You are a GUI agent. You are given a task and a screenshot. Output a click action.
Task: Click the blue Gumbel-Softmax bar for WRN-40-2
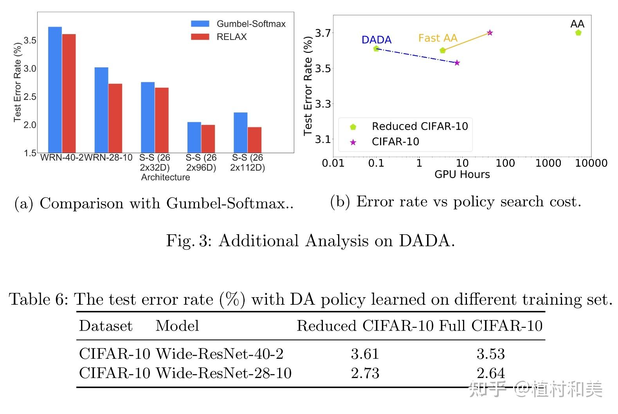(x=55, y=90)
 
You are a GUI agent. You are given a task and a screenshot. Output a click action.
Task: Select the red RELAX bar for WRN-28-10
(x=115, y=118)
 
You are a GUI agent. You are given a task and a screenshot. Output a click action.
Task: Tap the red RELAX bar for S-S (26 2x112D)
(x=254, y=140)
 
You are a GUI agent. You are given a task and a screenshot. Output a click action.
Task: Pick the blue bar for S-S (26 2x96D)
(x=194, y=137)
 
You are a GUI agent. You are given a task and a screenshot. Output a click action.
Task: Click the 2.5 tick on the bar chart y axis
(x=30, y=97)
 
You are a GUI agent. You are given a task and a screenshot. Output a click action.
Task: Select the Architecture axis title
(x=166, y=177)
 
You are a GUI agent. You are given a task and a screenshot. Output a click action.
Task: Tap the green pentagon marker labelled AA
(x=578, y=33)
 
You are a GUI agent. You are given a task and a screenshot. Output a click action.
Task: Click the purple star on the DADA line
(x=457, y=63)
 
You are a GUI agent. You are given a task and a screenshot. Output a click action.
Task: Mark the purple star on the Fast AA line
(x=490, y=33)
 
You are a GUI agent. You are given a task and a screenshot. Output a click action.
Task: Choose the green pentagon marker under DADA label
(x=376, y=49)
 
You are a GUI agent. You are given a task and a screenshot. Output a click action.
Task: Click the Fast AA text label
(x=438, y=38)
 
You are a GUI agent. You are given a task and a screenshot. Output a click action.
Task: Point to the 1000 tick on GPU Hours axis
(x=548, y=163)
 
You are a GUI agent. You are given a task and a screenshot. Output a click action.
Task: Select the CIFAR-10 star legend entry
(x=395, y=141)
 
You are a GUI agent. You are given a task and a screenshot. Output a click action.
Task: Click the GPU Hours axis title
(x=462, y=175)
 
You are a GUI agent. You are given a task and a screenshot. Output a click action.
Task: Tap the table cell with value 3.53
(x=490, y=354)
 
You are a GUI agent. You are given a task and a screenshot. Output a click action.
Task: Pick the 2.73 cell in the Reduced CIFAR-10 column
(x=365, y=373)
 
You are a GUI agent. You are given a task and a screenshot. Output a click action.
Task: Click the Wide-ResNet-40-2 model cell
(x=220, y=354)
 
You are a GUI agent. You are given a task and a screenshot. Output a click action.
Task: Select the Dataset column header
(x=106, y=326)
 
